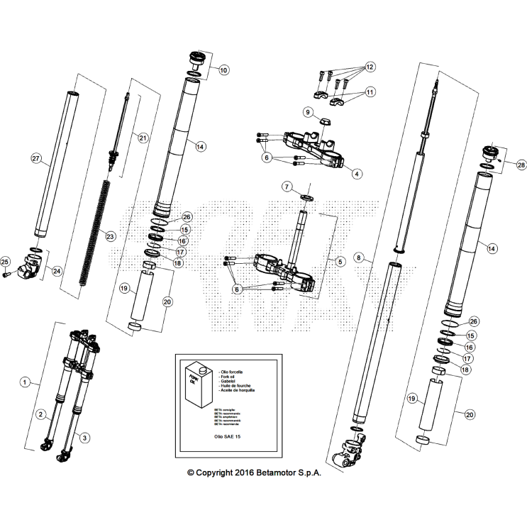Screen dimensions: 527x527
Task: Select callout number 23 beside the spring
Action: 110,236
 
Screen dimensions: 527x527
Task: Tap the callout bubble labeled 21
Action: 143,138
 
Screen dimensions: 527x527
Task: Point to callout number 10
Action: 224,70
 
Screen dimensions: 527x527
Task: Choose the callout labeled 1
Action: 25,382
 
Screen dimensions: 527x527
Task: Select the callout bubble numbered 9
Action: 308,112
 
